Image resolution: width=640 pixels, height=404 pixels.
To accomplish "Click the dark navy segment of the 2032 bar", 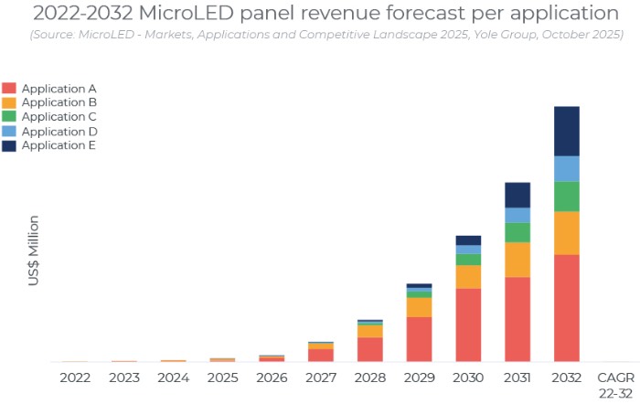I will (x=567, y=131).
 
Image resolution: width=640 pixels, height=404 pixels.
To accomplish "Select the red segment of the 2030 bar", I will (x=468, y=324).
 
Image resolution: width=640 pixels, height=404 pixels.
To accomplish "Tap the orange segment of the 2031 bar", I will (x=517, y=260).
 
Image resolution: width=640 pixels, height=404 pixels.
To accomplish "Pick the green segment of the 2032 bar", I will (x=567, y=196).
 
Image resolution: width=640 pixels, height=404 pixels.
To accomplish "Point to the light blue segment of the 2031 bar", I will (x=517, y=215).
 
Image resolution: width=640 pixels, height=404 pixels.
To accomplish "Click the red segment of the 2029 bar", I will (x=419, y=339).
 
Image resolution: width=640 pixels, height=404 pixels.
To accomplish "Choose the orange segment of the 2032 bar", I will (x=567, y=232).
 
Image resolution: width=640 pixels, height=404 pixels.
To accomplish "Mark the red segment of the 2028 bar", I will (x=369, y=349).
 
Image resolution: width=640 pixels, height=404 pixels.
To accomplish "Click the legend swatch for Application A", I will (x=9, y=89).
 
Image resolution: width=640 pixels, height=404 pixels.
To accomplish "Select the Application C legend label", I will (x=59, y=117).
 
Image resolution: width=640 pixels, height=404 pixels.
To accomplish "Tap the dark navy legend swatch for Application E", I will (x=9, y=145).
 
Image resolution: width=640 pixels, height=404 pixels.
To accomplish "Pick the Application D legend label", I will (x=59, y=132).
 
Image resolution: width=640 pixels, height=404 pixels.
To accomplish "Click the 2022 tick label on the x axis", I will (x=75, y=377).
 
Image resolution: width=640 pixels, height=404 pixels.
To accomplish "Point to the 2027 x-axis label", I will (x=320, y=377).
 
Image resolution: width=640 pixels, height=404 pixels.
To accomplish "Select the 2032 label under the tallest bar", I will (x=567, y=377).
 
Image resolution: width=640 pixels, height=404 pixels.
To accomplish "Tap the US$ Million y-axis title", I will (x=34, y=250).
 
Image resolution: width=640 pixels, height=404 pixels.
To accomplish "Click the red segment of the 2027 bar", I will (x=320, y=355).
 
